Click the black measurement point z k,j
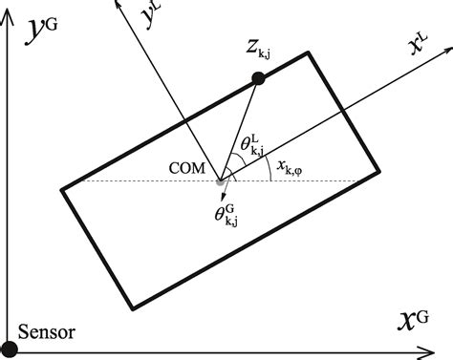[257, 77]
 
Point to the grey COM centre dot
[221, 180]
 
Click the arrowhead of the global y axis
[9, 6]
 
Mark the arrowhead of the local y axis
[119, 6]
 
